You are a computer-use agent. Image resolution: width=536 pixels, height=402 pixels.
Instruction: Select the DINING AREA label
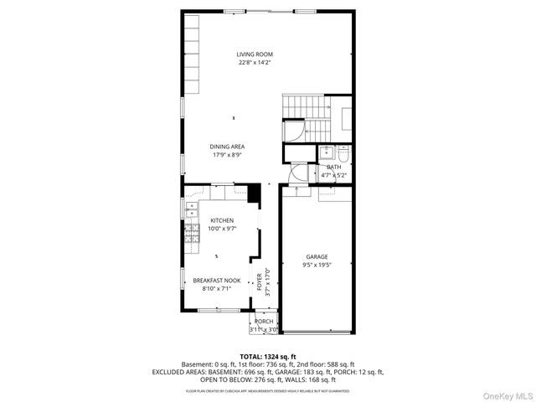pyautogui.click(x=227, y=147)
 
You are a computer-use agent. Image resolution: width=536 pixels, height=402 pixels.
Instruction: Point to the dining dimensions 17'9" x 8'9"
pyautogui.click(x=227, y=156)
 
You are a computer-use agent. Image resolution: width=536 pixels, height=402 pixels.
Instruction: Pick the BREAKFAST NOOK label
pyautogui.click(x=216, y=281)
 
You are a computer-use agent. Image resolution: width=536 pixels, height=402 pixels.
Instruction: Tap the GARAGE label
pyautogui.click(x=317, y=257)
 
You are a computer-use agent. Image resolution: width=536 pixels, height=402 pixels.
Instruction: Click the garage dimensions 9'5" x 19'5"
pyautogui.click(x=317, y=265)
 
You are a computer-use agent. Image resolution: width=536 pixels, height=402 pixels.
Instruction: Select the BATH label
pyautogui.click(x=333, y=167)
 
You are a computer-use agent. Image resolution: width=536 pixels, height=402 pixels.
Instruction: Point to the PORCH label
pyautogui.click(x=264, y=322)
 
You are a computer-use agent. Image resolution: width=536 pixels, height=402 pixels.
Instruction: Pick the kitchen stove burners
pyautogui.click(x=191, y=238)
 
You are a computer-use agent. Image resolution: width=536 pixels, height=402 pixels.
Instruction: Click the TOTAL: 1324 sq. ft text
pyautogui.click(x=268, y=357)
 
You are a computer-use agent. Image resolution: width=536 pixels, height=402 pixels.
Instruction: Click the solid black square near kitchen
pyautogui.click(x=254, y=193)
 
